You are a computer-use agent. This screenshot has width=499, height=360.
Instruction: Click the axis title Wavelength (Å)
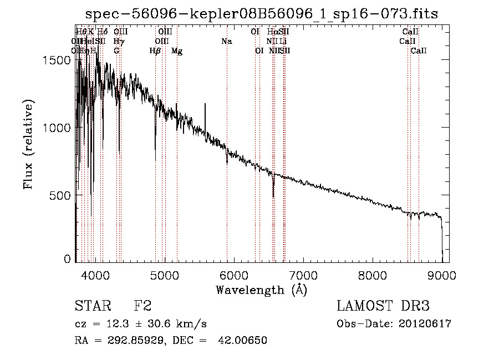pyautogui.click(x=261, y=290)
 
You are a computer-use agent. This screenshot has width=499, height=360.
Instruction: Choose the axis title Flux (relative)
pyautogui.click(x=28, y=144)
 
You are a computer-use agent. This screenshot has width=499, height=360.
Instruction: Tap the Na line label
pyautogui.click(x=226, y=41)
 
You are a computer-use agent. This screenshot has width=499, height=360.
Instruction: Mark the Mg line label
pyautogui.click(x=177, y=51)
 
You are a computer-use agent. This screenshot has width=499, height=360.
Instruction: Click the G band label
pyautogui.click(x=116, y=51)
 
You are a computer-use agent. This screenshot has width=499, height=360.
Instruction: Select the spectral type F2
pyautogui.click(x=142, y=306)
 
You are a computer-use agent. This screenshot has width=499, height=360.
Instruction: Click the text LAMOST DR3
pyautogui.click(x=383, y=306)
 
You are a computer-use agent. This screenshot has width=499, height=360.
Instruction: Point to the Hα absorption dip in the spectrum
pyautogui.click(x=273, y=191)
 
